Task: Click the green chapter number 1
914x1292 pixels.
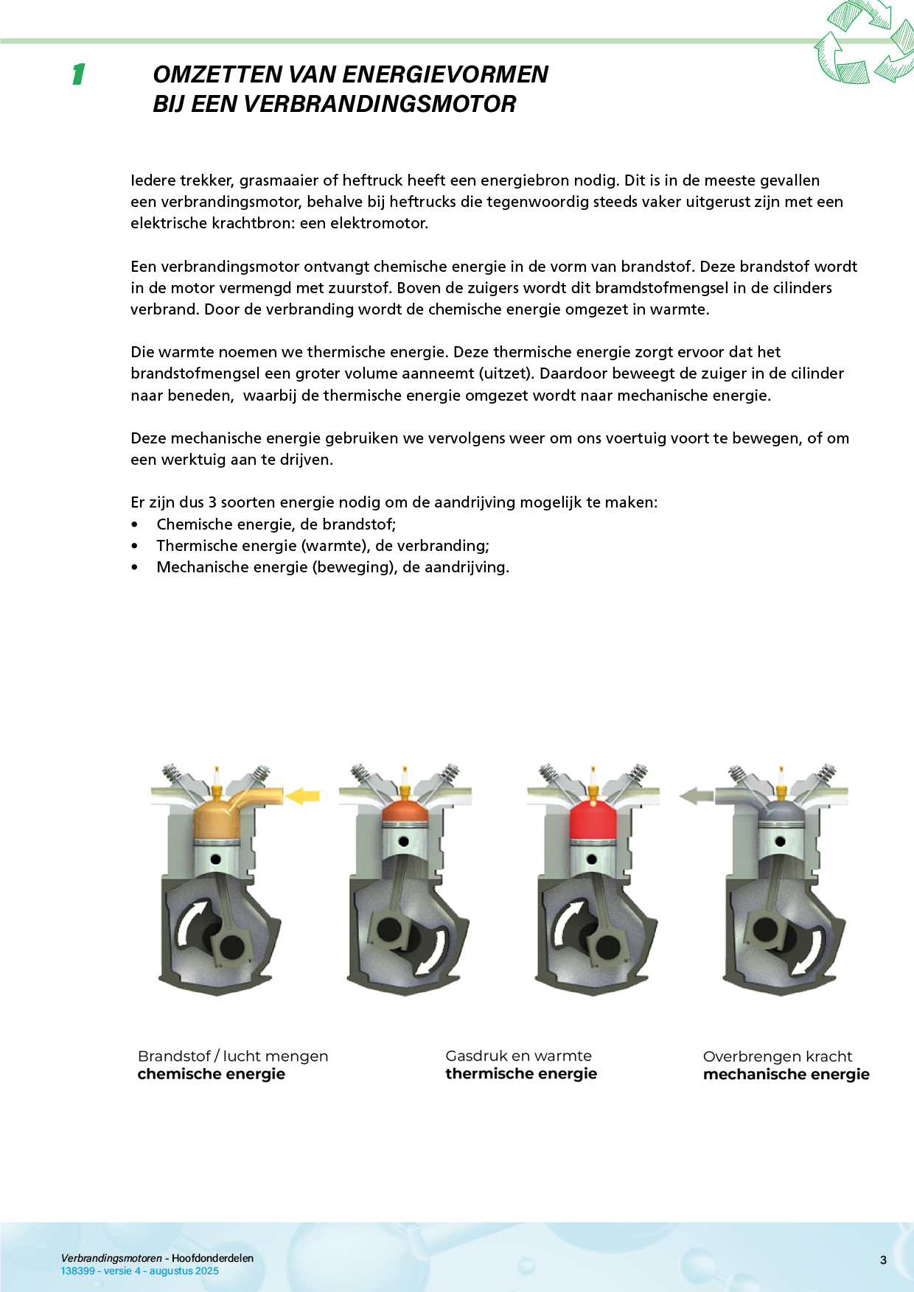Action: pos(78,74)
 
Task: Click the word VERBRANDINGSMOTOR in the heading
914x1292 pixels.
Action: pos(379,105)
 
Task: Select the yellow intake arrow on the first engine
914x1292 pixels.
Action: pos(302,796)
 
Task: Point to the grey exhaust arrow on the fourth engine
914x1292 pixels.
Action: pos(695,796)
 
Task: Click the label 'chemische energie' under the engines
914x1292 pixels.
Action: pos(211,1074)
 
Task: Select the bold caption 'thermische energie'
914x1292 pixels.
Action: pos(520,1074)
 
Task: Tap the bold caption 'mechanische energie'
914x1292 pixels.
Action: pos(786,1075)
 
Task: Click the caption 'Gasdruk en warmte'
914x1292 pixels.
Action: pos(518,1056)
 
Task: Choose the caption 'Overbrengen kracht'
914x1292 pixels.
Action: pos(777,1056)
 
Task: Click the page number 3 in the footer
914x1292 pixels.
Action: pos(883,1260)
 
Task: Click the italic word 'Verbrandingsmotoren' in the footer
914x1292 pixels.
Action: pos(111,1258)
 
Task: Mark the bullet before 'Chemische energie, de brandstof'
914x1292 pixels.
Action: pos(134,525)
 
